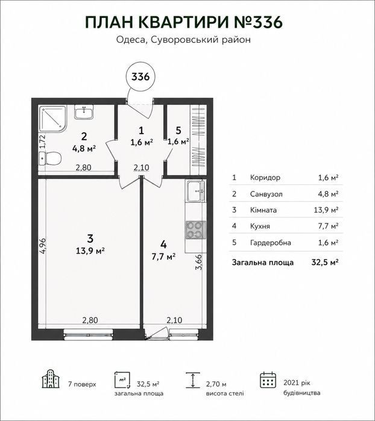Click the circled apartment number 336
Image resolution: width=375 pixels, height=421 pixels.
point(140,76)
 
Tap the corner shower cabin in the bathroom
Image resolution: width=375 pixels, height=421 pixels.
point(52,119)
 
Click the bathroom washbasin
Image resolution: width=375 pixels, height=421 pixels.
point(84,112)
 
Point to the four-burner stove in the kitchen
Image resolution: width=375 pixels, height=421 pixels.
point(195,229)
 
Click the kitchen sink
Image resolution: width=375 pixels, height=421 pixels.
point(195,191)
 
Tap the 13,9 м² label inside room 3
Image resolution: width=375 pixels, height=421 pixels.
point(90,251)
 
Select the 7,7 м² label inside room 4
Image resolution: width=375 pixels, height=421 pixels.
point(163,257)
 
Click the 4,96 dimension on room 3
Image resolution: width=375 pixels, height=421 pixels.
point(43,245)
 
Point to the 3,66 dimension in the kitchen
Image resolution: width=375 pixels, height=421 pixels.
point(200,264)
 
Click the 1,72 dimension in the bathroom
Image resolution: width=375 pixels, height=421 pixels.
point(43,141)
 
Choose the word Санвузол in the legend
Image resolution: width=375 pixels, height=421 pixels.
point(266,194)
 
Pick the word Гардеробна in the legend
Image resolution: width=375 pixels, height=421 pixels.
point(271,243)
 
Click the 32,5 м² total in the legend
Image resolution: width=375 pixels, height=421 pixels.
point(325,262)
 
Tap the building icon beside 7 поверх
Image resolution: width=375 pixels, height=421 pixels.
point(50,379)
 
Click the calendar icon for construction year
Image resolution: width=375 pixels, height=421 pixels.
point(268,379)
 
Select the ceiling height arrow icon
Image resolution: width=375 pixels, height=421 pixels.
point(193,380)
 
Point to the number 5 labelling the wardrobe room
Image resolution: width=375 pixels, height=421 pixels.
point(178,131)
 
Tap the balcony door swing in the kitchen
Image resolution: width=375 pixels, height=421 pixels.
point(156,333)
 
